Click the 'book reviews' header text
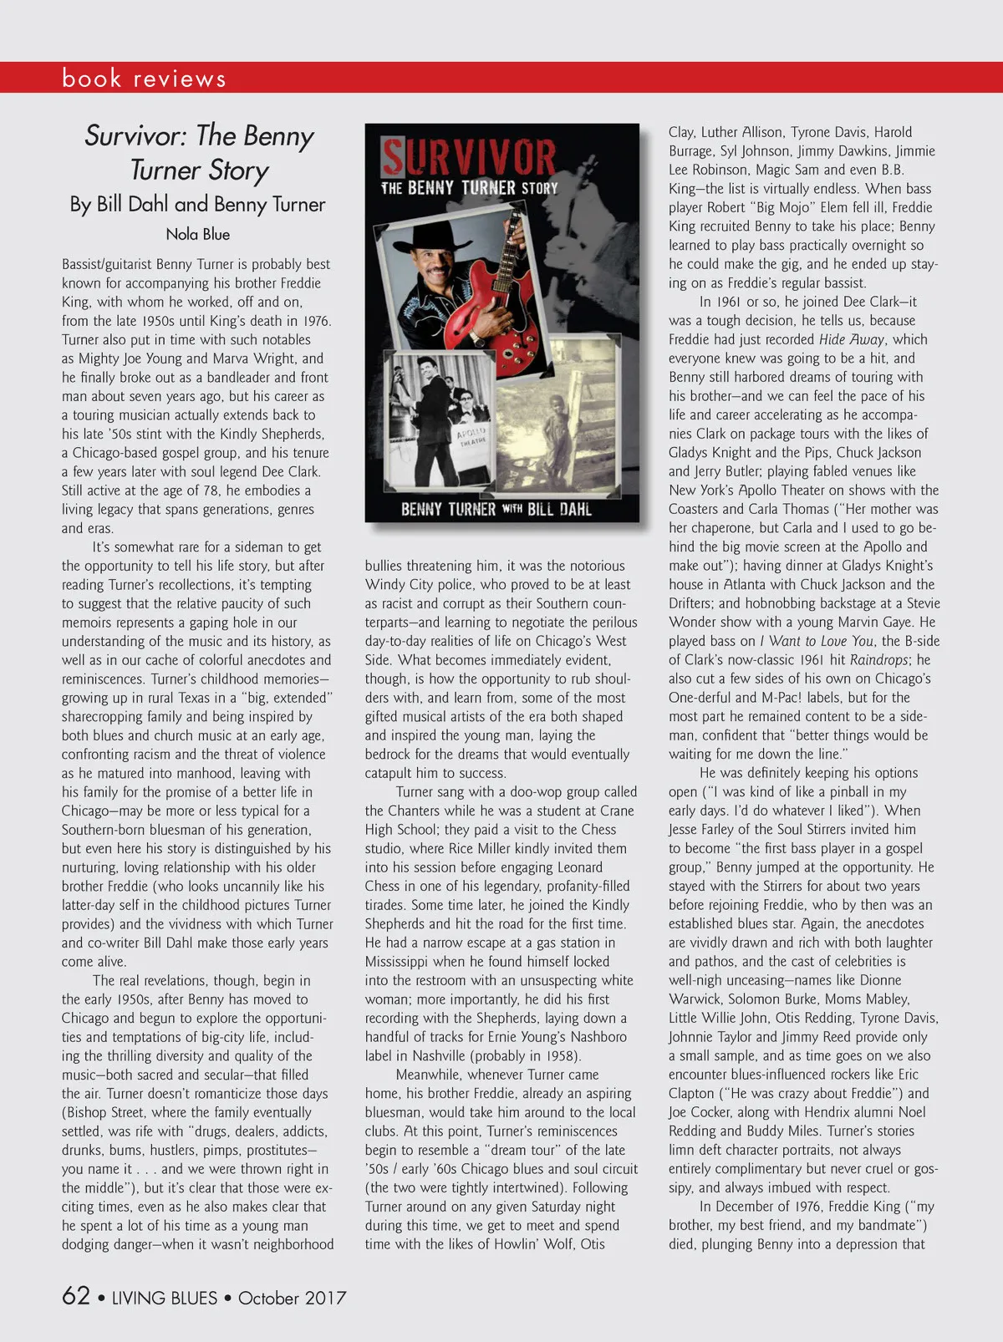144,79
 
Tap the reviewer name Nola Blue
197,235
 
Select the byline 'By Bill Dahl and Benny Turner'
197,205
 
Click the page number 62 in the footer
75,1296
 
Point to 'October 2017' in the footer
292,1298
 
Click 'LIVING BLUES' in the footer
164,1298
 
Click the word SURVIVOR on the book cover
469,157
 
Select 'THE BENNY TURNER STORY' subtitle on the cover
469,188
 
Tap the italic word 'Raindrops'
878,660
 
